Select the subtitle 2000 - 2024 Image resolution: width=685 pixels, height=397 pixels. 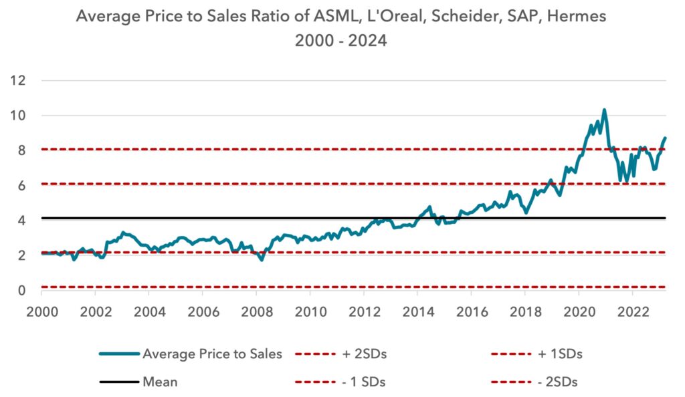[340, 41]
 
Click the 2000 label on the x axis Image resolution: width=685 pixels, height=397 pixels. [42, 311]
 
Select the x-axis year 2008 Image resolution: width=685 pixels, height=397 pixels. [258, 311]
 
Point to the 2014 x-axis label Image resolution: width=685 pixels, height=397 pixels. [419, 311]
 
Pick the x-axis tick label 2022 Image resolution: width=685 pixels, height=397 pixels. [633, 311]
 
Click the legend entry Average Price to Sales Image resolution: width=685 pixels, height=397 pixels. [212, 354]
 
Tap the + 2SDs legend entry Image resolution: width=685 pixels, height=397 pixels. [365, 354]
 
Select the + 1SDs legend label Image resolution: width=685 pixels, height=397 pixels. [560, 354]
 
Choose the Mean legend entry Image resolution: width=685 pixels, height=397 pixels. [160, 382]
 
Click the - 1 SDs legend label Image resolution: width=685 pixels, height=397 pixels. [363, 382]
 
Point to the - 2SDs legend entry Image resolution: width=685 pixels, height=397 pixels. [557, 382]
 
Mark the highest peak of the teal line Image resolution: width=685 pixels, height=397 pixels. [604, 110]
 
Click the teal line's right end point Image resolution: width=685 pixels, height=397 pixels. [665, 138]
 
